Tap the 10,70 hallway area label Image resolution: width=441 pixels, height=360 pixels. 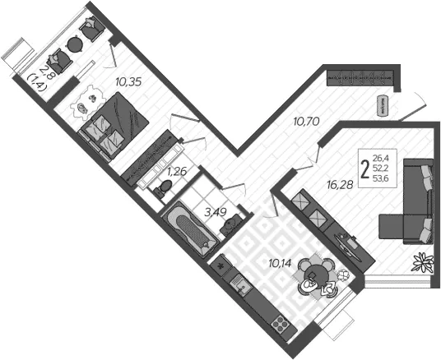coord(306,122)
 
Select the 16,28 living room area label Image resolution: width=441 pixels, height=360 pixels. coord(340,185)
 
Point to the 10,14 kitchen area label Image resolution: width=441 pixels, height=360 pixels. coord(280,263)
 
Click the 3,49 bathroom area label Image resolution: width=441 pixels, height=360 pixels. coord(216,212)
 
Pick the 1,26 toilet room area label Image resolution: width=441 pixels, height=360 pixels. coord(177,171)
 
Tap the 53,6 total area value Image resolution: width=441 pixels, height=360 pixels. coord(381,178)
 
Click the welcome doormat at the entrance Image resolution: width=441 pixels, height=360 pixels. coord(383,105)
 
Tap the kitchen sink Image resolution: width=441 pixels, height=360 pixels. coord(240,284)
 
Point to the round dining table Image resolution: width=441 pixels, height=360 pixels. coord(316,275)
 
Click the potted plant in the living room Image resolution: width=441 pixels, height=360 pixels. coord(422,262)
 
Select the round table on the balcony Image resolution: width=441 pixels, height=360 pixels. coord(75,44)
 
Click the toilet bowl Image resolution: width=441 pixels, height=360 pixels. coord(163,187)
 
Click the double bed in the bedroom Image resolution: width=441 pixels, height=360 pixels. coord(114,126)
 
